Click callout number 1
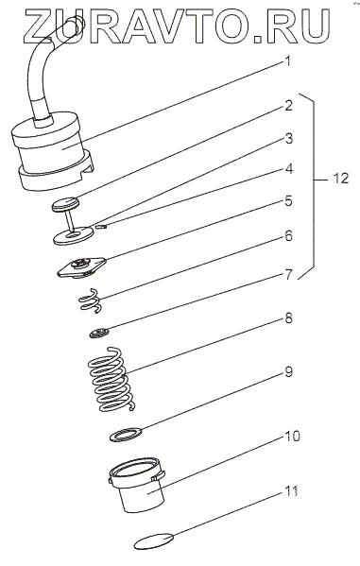[288, 61]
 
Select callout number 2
[288, 106]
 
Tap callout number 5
[288, 201]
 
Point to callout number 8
[288, 318]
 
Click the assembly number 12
[340, 179]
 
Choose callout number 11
[291, 490]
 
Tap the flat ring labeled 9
[126, 435]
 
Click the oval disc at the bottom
[153, 541]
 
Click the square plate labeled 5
[81, 267]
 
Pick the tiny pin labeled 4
[101, 227]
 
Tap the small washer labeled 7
[99, 333]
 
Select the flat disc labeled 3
[74, 236]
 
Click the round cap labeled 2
[65, 205]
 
